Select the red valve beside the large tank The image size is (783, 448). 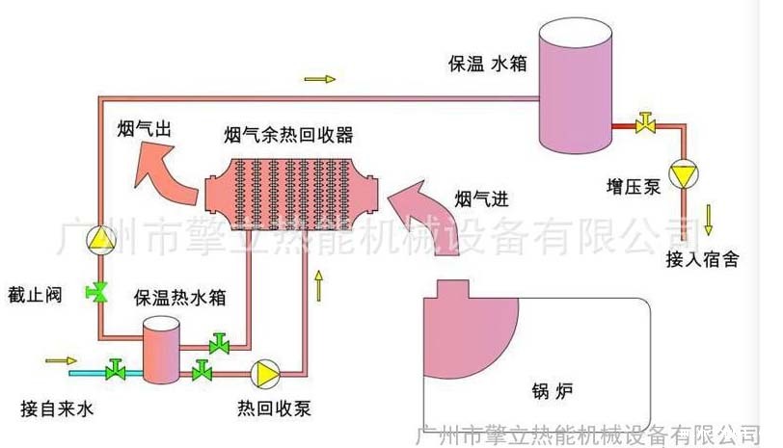tap(644, 123)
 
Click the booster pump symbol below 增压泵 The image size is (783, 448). tap(683, 174)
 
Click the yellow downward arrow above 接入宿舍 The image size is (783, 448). tap(708, 219)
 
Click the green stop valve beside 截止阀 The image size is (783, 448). tap(97, 291)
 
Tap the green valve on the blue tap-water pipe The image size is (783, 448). tap(117, 369)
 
